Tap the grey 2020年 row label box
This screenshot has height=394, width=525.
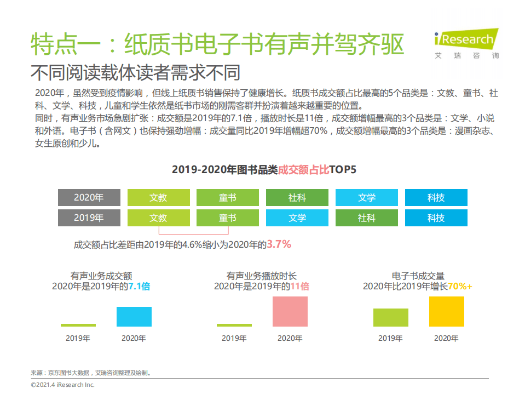click(89, 198)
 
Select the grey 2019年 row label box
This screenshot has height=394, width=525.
click(89, 218)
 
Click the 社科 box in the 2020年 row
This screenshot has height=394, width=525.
click(297, 198)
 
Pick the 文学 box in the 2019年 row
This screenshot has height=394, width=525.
click(297, 218)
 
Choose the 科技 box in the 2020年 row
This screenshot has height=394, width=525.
click(436, 198)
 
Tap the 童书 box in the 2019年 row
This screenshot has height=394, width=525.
click(228, 218)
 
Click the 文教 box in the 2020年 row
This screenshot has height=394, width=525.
click(158, 198)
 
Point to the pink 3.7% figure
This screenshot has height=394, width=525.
click(279, 244)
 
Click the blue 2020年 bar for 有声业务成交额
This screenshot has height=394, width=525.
click(134, 317)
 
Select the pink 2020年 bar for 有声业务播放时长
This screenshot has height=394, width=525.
click(290, 312)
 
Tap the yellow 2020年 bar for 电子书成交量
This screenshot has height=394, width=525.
click(446, 312)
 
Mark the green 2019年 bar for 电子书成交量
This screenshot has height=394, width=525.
click(390, 318)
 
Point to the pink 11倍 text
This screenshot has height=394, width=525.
click(299, 286)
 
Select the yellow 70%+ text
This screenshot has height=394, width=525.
click(460, 286)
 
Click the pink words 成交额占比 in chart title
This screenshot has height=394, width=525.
click(304, 169)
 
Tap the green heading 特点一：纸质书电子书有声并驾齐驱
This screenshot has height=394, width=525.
click(217, 45)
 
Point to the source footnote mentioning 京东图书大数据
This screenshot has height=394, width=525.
click(90, 373)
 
